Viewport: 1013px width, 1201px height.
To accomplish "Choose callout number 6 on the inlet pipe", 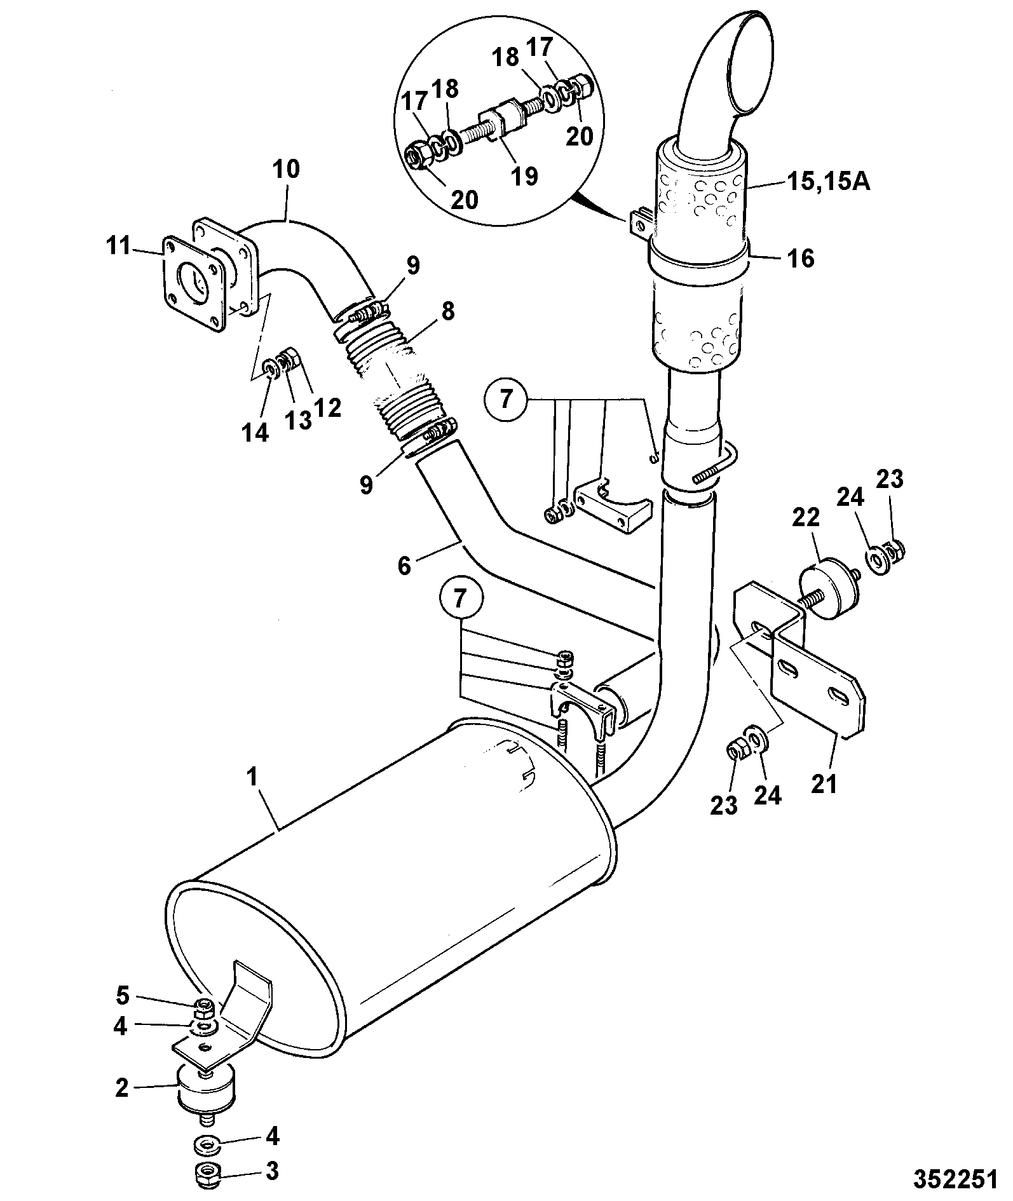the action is [x=405, y=565].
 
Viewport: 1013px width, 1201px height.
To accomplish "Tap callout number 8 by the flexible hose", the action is [x=448, y=311].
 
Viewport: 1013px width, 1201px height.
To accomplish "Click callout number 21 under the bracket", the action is [x=824, y=784].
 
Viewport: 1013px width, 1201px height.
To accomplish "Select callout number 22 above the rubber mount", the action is [x=807, y=519].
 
